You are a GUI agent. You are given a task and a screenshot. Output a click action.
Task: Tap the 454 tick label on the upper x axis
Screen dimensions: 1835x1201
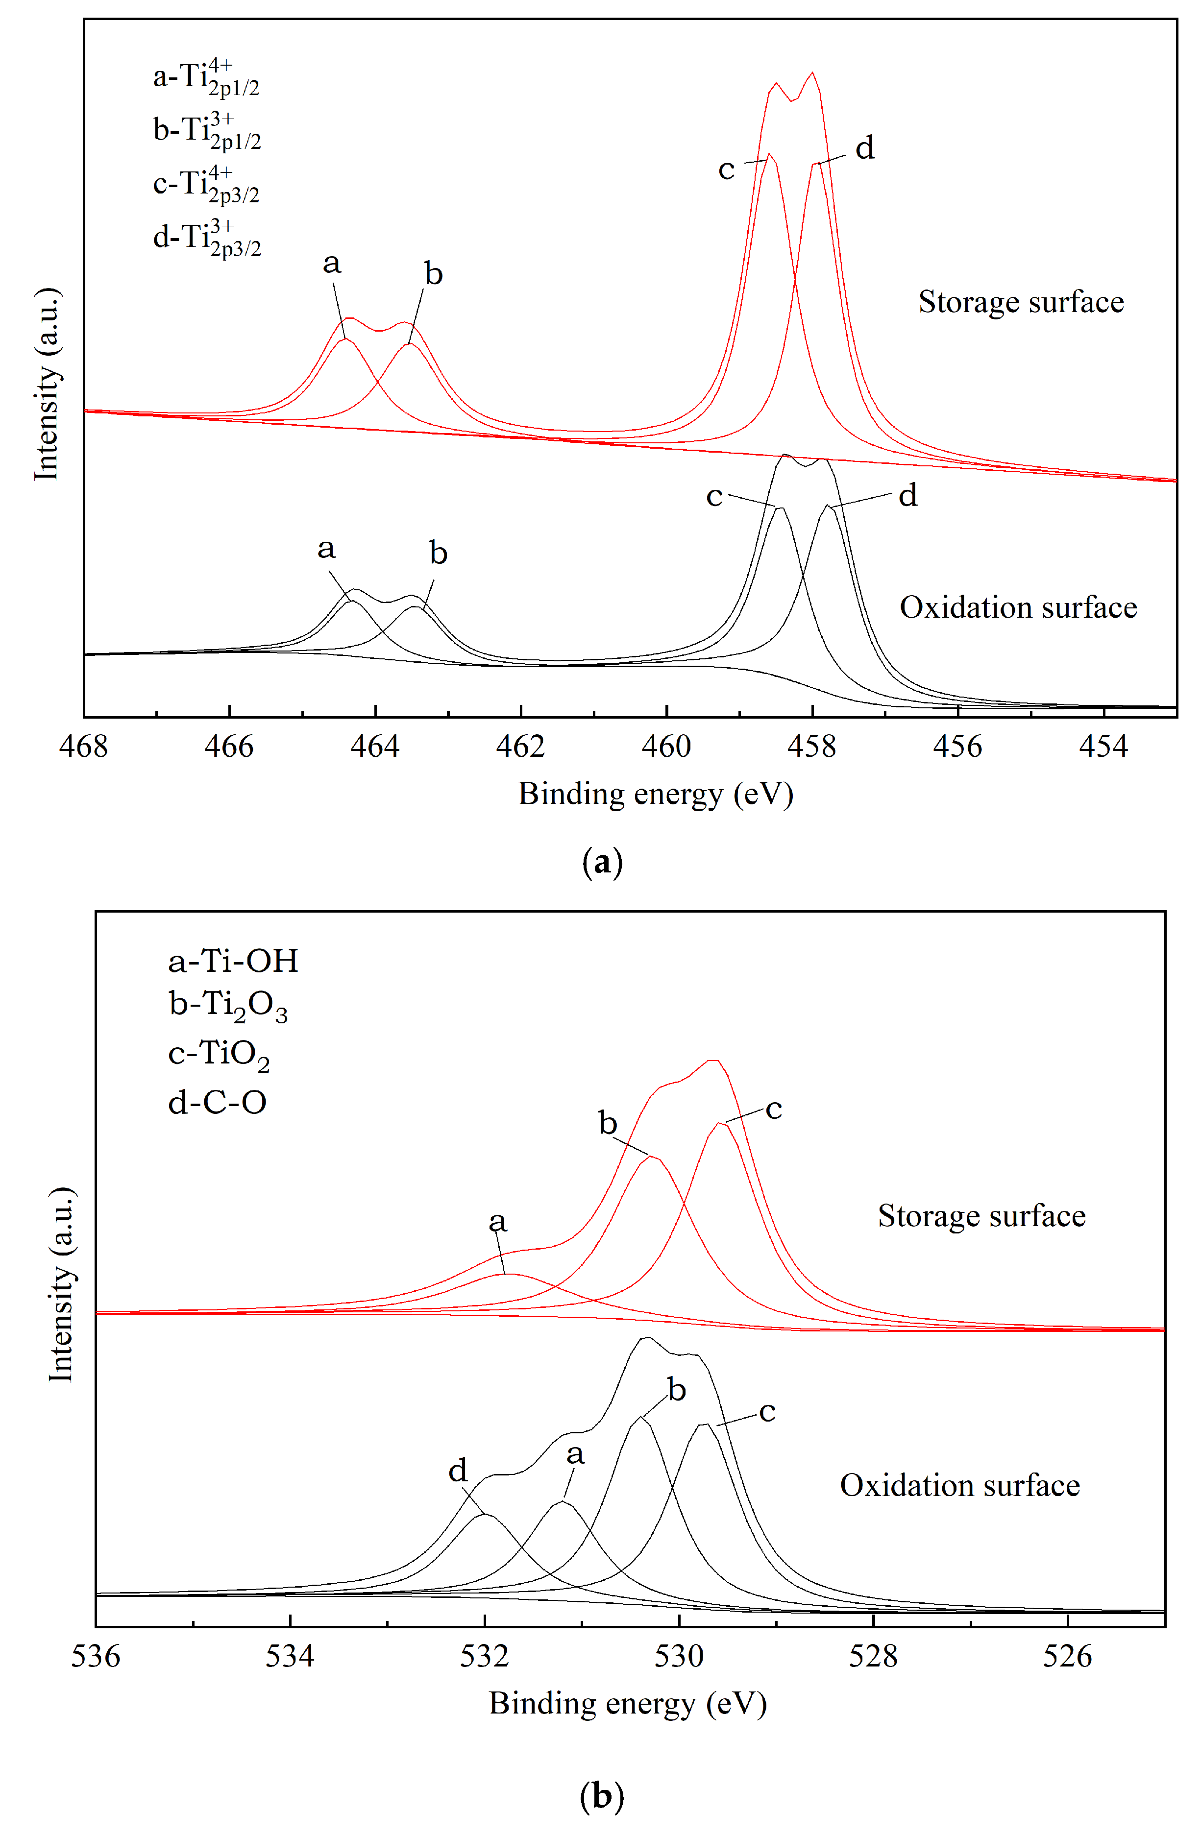pyautogui.click(x=1103, y=747)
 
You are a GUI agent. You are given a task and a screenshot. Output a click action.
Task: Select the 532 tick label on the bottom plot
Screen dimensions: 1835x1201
pyautogui.click(x=485, y=1656)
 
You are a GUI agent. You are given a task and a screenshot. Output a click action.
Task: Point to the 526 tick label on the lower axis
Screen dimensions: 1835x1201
pyautogui.click(x=1068, y=1656)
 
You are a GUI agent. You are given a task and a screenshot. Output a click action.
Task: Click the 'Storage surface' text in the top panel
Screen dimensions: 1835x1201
pyautogui.click(x=1021, y=302)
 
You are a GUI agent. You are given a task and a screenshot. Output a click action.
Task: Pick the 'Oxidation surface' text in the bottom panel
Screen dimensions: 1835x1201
pyautogui.click(x=959, y=1486)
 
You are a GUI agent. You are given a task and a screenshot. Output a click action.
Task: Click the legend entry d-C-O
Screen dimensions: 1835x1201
pyautogui.click(x=218, y=1103)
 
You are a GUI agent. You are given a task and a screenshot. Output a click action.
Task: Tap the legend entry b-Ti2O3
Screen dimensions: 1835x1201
pyautogui.click(x=227, y=1006)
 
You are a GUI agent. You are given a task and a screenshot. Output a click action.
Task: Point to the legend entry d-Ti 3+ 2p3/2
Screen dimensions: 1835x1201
pyautogui.click(x=207, y=238)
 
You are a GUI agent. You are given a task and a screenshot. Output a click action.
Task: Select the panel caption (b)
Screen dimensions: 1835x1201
pyautogui.click(x=602, y=1796)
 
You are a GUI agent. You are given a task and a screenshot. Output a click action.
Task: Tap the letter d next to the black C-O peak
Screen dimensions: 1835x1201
pyautogui.click(x=458, y=1471)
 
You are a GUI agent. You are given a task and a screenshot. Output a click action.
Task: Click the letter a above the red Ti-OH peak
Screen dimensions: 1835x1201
pyautogui.click(x=497, y=1222)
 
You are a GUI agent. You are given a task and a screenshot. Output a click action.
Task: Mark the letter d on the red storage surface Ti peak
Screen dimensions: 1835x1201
pyautogui.click(x=865, y=148)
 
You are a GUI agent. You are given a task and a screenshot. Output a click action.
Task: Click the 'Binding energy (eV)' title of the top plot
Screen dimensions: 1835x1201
pyautogui.click(x=656, y=794)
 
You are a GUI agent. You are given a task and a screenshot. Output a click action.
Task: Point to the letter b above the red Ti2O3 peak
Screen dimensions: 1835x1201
pyautogui.click(x=608, y=1123)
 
